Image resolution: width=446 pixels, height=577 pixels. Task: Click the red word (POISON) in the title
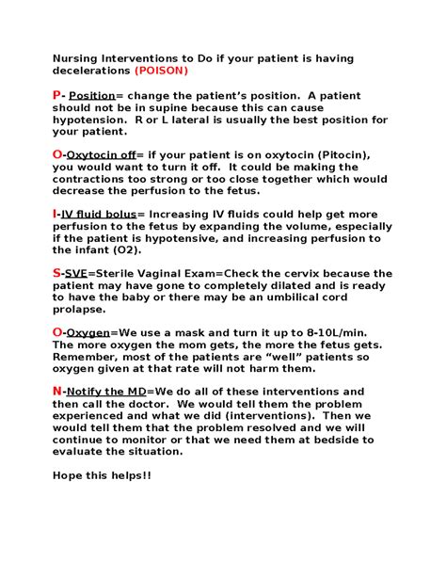pyautogui.click(x=161, y=71)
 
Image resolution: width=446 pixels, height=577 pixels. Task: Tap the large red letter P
pyautogui.click(x=56, y=95)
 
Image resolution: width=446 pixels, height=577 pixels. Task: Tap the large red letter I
pyautogui.click(x=55, y=214)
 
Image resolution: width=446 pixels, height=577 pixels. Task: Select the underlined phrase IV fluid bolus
pyautogui.click(x=99, y=215)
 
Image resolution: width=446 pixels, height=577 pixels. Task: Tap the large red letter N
pyautogui.click(x=56, y=391)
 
